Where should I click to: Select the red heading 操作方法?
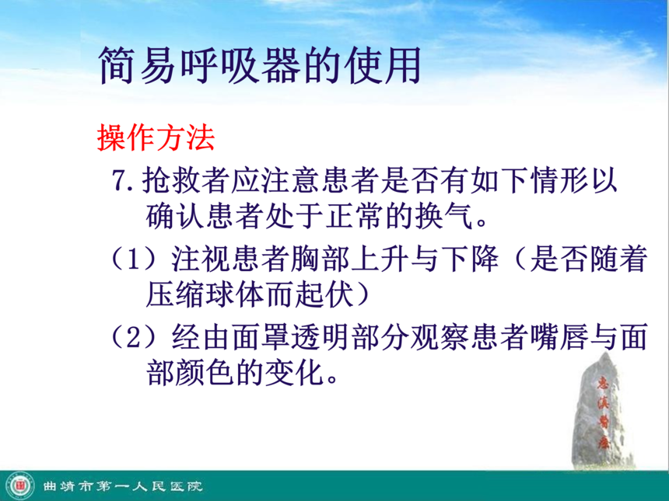click(156, 137)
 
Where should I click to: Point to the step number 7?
click(123, 181)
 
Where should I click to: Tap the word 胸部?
click(319, 259)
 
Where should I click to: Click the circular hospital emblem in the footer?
click(20, 485)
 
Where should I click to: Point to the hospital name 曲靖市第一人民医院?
click(122, 486)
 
